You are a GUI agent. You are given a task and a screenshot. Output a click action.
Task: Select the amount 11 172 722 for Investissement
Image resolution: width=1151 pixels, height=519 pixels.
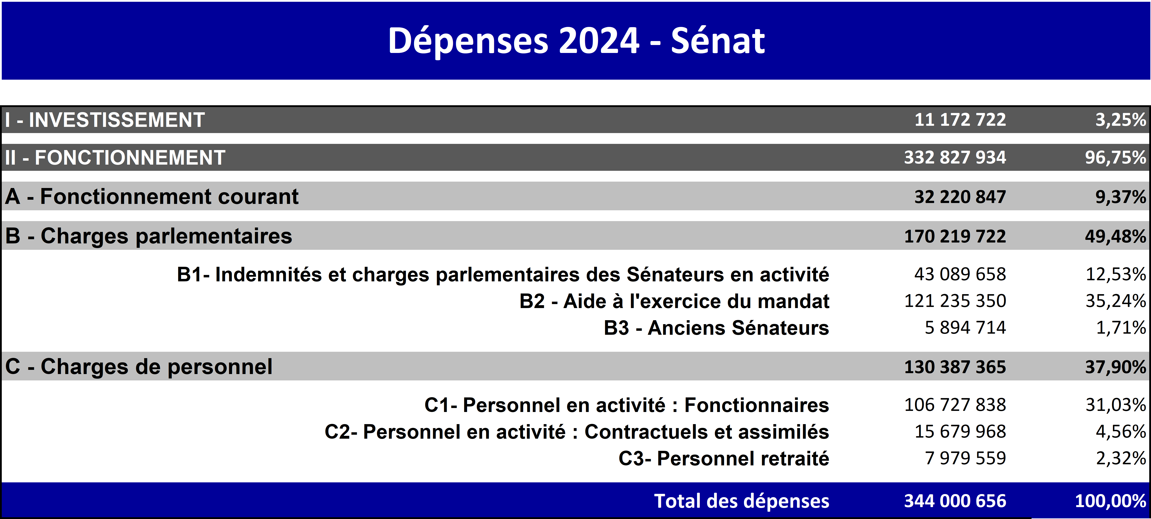coord(960,120)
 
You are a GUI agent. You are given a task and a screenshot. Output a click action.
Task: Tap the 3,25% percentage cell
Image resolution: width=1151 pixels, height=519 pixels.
coord(1121,120)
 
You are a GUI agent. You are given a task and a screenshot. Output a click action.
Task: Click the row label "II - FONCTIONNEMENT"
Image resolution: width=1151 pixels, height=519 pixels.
coord(115,158)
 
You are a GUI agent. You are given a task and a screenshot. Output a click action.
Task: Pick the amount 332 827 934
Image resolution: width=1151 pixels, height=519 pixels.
coord(955,158)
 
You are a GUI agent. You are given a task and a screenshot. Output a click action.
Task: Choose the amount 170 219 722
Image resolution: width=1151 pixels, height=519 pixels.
coord(955,236)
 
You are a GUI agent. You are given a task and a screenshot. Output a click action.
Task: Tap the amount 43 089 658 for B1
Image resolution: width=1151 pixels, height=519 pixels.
coord(960,274)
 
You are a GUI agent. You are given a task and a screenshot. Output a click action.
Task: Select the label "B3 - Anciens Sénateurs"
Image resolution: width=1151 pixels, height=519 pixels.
coord(716,328)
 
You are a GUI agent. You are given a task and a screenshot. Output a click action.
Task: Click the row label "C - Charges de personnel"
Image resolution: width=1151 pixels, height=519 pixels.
coord(138,367)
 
